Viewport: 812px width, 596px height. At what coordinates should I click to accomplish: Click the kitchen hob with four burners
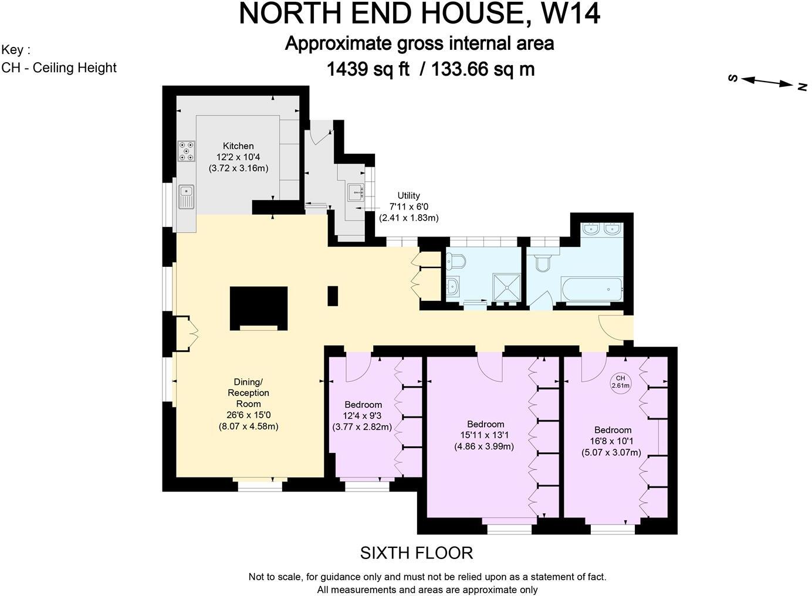coord(187,151)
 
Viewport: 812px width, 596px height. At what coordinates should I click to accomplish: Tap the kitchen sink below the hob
coord(187,195)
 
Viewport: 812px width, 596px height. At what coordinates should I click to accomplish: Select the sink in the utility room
coord(356,192)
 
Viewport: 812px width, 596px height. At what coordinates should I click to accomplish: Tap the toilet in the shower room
coord(456,260)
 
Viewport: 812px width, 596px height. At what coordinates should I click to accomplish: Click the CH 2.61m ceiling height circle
coord(620,382)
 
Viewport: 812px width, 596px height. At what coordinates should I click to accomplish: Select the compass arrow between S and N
coord(767,82)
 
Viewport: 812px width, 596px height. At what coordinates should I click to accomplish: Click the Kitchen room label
coord(238,146)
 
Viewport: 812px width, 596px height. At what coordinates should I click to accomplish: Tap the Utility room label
coord(408,196)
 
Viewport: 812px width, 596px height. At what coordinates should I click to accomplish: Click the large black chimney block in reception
coord(259,307)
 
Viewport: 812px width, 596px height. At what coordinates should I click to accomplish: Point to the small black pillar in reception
coord(333,296)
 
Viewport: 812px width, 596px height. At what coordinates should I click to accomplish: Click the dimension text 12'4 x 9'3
coord(363,416)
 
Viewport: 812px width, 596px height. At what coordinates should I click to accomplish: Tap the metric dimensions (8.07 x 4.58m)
coord(248,426)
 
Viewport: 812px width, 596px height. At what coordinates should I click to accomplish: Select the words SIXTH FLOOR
coord(416,553)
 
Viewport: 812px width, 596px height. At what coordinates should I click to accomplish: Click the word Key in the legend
coord(13,49)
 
